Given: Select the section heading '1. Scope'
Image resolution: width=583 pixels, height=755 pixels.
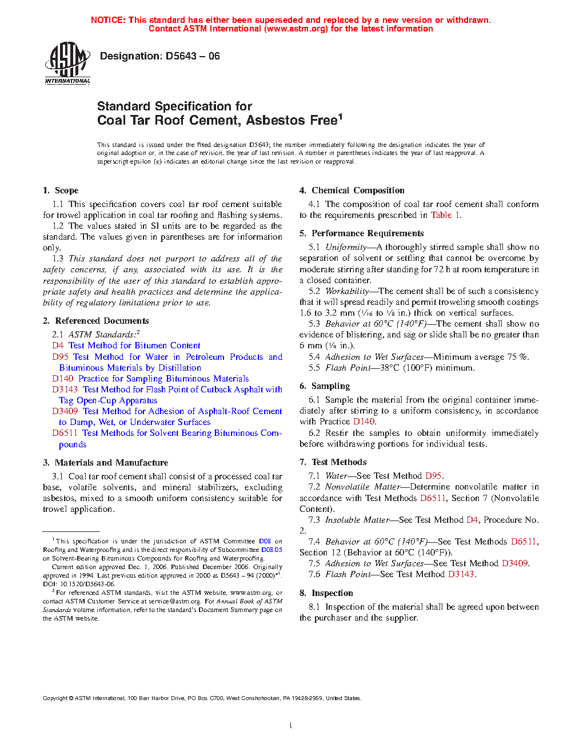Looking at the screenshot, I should pos(61,190).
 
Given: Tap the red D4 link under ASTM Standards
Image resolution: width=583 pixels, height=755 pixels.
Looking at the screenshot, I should pos(58,345).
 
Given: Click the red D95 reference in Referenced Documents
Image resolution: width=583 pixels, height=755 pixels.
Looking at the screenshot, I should pos(60,357).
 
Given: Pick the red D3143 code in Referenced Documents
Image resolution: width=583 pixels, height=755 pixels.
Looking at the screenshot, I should pos(65,390).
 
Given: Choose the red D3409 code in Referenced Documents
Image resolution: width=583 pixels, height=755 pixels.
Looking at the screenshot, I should pos(65,411).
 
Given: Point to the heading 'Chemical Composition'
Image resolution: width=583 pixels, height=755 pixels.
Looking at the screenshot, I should pos(358,190).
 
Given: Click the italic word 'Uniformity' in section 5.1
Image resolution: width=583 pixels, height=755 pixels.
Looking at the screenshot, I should pos(346,247).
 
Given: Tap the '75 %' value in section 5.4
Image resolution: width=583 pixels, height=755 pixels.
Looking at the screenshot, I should pos(517,357).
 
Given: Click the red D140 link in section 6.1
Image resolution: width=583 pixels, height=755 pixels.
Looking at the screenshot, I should pos(364,422).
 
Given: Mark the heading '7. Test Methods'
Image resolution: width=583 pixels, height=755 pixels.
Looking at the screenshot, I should pos(333,462).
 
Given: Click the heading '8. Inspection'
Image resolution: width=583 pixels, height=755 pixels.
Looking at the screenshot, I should pos(326,593).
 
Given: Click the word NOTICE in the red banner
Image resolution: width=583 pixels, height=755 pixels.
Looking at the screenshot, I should pos(108,20).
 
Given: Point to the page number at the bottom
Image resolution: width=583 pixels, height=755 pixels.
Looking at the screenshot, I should pos(291,726).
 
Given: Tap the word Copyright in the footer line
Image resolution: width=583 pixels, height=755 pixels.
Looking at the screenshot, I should pos(55,698).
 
